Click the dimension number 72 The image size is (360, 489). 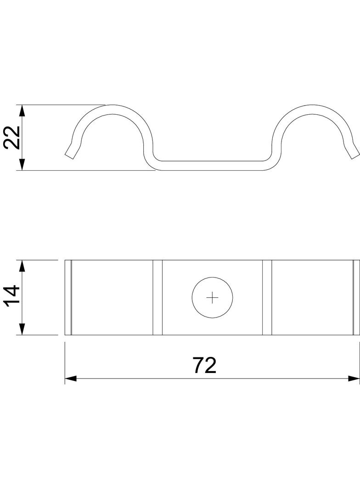(x=204, y=365)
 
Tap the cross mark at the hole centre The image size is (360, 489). (x=212, y=298)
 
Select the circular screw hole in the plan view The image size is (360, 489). (x=212, y=298)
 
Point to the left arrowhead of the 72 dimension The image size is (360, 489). (x=71, y=378)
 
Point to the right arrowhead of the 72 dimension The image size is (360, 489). (x=354, y=378)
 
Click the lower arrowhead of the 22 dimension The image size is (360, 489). (x=22, y=164)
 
